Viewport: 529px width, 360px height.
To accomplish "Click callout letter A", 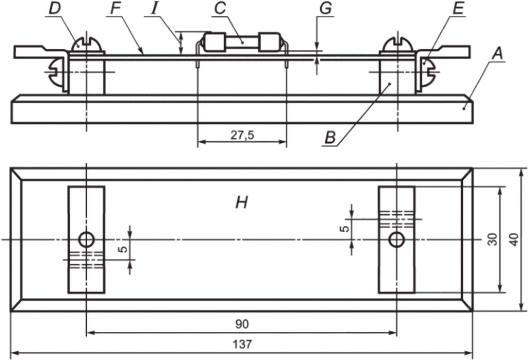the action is click(x=498, y=53).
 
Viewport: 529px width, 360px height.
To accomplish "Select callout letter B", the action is click(x=330, y=138).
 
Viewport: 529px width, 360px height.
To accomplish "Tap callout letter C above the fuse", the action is click(x=220, y=8).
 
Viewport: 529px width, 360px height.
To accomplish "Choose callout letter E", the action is click(x=458, y=8).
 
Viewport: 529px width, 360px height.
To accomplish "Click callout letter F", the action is click(x=116, y=8).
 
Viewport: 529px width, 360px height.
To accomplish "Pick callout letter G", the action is click(x=326, y=8).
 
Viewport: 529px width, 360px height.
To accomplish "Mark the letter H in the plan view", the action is click(x=242, y=203).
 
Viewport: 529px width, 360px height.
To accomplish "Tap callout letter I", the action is click(x=154, y=8).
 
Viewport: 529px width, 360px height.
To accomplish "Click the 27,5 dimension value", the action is click(x=242, y=135).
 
